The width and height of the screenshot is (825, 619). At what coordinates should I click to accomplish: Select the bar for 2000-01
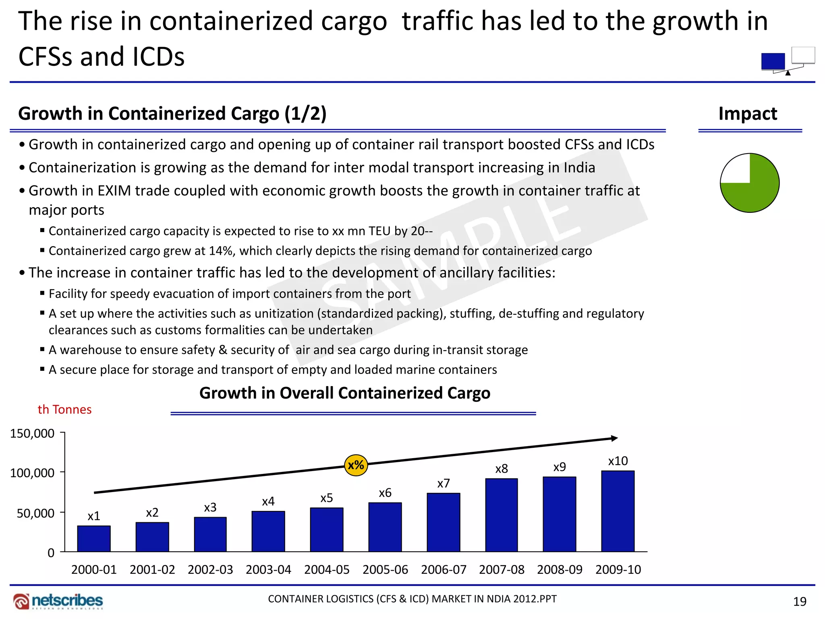94,538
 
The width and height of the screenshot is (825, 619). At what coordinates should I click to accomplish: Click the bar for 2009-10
618,511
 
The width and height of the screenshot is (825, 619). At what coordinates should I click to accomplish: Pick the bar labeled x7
443,522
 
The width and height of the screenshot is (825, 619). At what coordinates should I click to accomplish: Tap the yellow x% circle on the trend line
356,465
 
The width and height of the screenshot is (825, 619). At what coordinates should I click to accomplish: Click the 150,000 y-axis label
32,434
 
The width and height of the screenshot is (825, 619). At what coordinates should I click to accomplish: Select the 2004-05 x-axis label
327,569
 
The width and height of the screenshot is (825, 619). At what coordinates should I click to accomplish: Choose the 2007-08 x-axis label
502,569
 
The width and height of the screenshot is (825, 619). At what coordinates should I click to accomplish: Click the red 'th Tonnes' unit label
64,409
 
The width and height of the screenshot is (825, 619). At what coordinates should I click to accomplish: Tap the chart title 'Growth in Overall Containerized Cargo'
345,393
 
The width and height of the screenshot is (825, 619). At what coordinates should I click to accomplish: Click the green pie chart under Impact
750,183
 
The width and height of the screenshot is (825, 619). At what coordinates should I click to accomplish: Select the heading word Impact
748,114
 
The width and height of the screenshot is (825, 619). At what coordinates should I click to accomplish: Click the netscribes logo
58,601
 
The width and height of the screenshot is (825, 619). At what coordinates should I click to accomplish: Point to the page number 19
800,602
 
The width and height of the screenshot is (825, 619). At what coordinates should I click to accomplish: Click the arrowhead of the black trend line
614,438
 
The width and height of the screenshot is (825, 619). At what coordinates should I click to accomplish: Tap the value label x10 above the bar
618,461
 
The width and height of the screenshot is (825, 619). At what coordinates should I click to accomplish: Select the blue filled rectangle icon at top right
773,61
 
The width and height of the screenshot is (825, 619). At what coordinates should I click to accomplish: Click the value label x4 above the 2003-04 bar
268,501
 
